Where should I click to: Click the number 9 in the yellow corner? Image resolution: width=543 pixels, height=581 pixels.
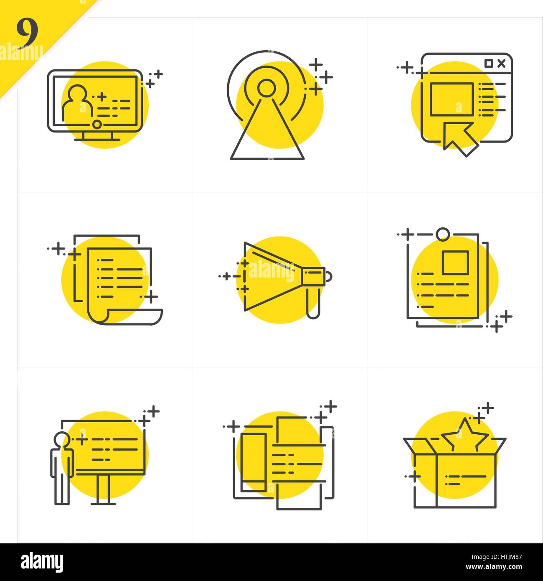tap(27, 33)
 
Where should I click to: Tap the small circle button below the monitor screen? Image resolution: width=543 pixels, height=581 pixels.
tap(96, 124)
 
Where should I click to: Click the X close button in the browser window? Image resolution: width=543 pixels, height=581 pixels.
tap(502, 63)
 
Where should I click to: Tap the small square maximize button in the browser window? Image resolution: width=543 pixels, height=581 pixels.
tap(488, 63)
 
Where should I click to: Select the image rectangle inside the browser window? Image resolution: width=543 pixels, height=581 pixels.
tap(452, 99)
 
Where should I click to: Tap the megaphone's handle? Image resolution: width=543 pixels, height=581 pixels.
tap(313, 303)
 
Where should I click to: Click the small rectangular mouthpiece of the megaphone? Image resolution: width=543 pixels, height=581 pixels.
tap(314, 277)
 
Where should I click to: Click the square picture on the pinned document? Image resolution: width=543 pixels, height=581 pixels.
tap(455, 262)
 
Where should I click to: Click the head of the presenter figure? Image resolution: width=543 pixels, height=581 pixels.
tap(62, 440)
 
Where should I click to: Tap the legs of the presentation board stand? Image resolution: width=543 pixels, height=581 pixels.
tap(104, 489)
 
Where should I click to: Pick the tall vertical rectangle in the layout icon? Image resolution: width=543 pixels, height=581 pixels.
tap(253, 462)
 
